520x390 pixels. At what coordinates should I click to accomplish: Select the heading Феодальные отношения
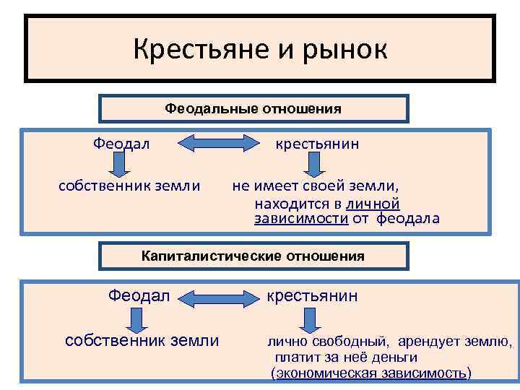click(x=253, y=108)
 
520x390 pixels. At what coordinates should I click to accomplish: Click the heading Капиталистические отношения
click(x=253, y=256)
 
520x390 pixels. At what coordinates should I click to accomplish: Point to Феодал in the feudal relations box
click(x=121, y=144)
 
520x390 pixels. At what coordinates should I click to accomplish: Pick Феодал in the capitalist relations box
click(x=139, y=295)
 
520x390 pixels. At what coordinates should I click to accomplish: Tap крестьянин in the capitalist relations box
click(x=313, y=295)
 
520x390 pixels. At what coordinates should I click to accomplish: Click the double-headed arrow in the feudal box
click(x=212, y=143)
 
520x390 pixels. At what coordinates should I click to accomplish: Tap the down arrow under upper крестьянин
click(x=313, y=168)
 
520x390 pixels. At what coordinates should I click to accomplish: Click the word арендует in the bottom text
click(x=431, y=341)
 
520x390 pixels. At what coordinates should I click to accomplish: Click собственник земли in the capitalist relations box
click(x=142, y=341)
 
